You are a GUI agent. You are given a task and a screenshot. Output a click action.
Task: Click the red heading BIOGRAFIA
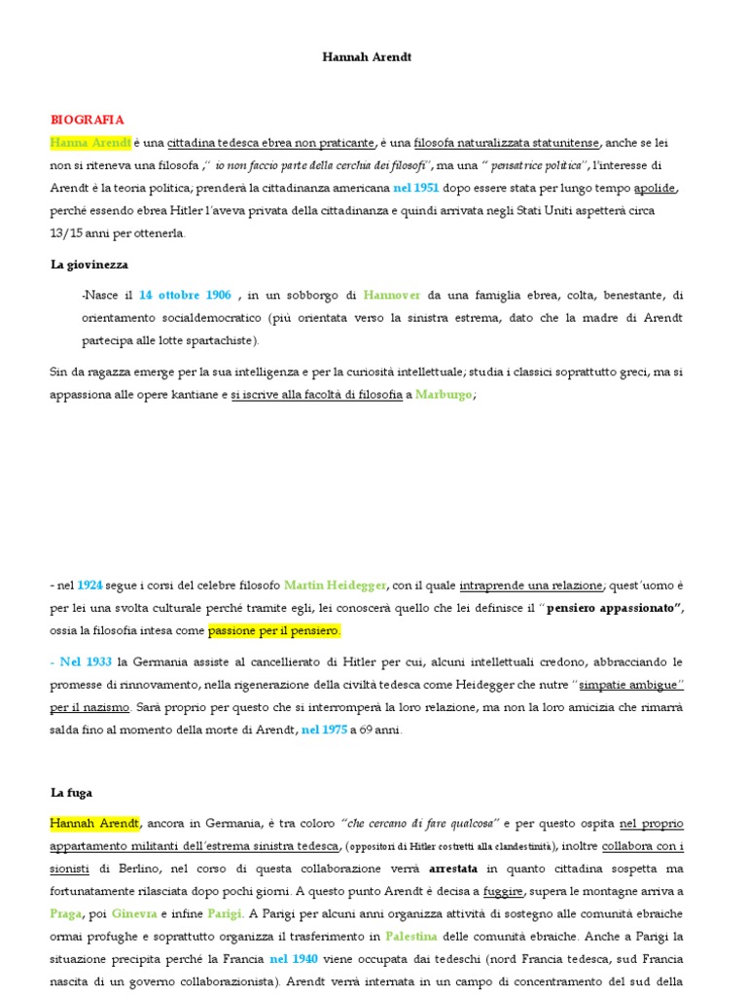coord(87,120)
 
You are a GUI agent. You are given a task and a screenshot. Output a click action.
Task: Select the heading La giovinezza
coord(89,264)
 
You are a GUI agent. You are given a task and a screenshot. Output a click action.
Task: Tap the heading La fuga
coord(71,793)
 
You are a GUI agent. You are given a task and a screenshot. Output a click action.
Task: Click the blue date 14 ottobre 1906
coord(185,295)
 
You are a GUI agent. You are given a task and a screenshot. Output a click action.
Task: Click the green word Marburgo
coord(445,395)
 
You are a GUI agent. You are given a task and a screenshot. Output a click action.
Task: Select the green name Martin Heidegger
coord(335,585)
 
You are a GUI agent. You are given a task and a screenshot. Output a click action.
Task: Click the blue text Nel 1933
coord(86,661)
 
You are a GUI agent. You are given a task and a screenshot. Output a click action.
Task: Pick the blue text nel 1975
coord(324,729)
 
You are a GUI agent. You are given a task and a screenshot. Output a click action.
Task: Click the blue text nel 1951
coord(416,188)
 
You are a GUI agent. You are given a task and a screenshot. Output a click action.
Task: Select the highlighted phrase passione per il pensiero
coord(275,631)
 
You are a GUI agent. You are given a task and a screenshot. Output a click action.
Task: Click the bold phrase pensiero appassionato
coord(615,608)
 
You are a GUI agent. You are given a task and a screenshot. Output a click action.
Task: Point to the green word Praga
coord(67,914)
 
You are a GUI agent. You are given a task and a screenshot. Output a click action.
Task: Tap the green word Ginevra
coord(135,914)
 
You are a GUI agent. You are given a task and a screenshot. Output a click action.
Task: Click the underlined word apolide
coord(654,188)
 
